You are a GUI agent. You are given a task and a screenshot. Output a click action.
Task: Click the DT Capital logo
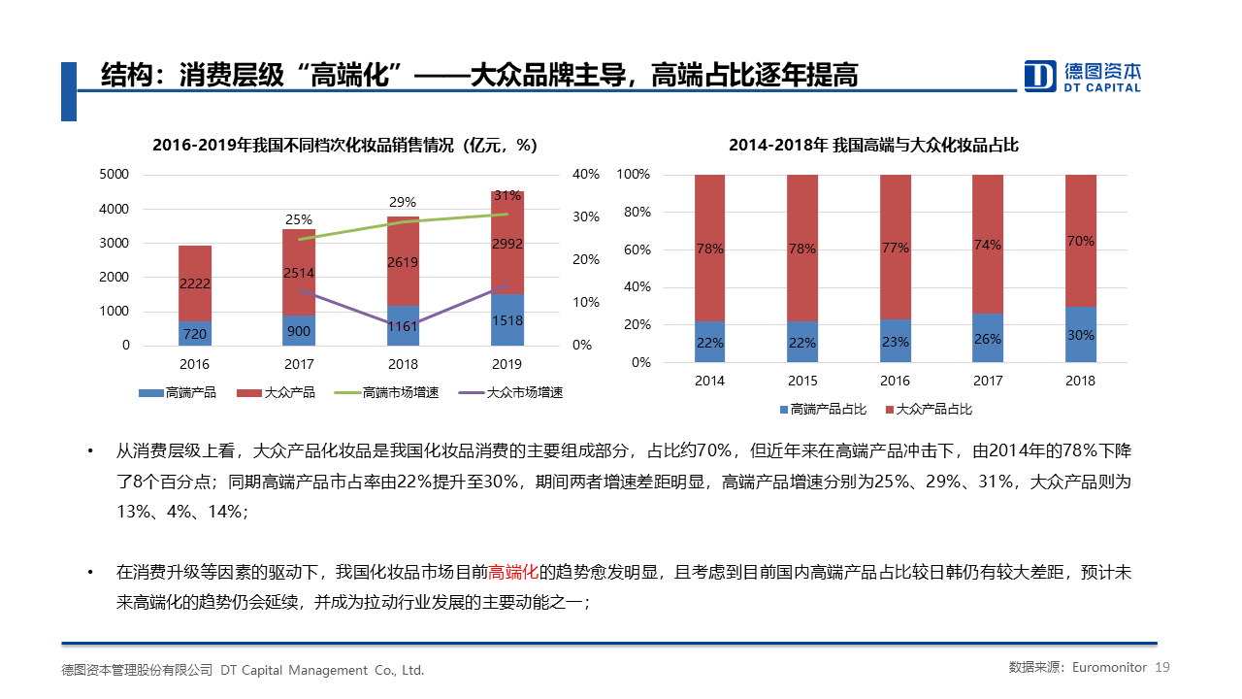1082,76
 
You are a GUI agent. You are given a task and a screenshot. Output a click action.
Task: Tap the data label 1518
507,320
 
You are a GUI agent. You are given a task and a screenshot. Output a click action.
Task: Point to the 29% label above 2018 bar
403,202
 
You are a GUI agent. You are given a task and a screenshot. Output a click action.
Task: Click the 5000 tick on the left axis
114,175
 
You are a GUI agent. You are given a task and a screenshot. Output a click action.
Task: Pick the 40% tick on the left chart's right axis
585,175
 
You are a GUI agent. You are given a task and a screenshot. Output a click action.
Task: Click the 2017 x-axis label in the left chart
298,364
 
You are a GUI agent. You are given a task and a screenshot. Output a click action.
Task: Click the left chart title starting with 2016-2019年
344,146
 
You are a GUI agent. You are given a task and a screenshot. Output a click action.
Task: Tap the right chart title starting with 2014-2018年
873,146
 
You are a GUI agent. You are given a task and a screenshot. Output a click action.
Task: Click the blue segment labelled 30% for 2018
1081,335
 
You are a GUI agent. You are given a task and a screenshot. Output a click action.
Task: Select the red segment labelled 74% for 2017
988,245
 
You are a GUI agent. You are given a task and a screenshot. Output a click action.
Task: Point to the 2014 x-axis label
709,381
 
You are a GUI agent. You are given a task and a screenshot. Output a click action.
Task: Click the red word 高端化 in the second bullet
513,572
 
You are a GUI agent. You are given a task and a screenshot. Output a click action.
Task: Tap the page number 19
1163,667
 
